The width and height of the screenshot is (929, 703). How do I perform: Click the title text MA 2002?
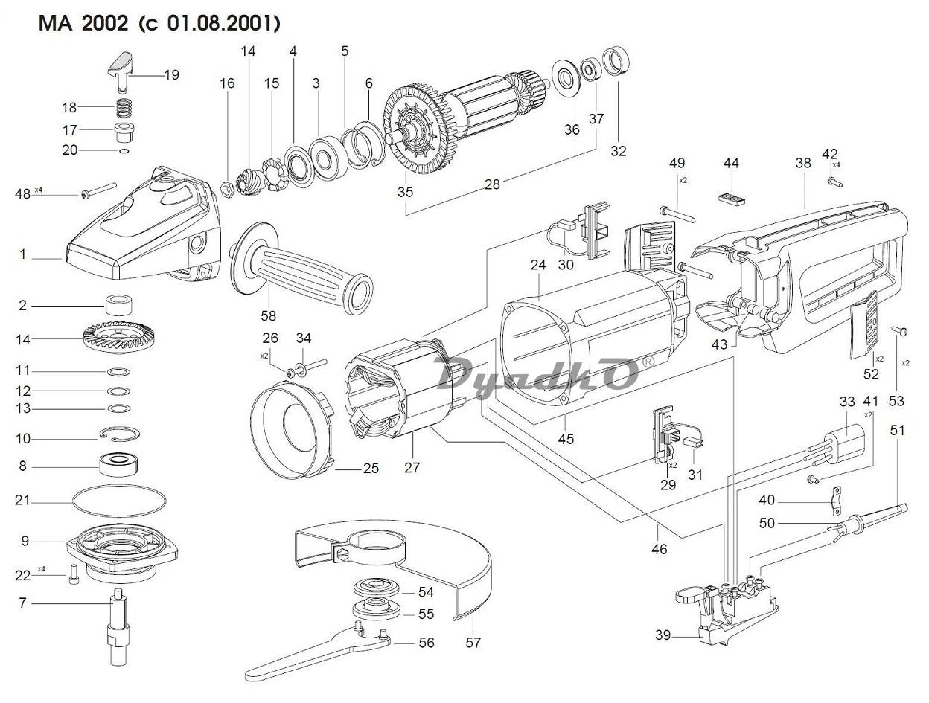83,23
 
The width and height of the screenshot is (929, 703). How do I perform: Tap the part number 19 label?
171,75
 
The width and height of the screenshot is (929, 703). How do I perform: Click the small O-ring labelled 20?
124,151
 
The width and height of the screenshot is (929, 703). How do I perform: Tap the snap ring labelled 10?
120,434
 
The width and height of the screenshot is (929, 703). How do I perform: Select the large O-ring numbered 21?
119,501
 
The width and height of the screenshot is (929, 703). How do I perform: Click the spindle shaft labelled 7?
118,626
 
